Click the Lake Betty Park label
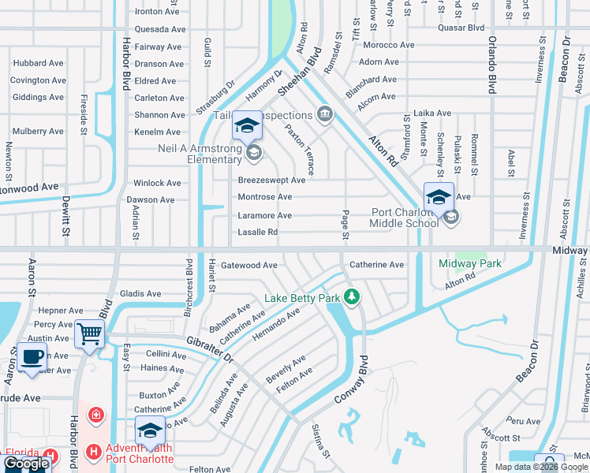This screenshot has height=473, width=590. pyautogui.click(x=304, y=297)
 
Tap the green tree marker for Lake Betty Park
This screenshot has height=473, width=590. pyautogui.click(x=352, y=297)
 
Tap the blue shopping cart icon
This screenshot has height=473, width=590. pyautogui.click(x=89, y=334)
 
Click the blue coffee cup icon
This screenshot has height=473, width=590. pyautogui.click(x=32, y=356)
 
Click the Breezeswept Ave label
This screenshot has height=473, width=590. pyautogui.click(x=271, y=180)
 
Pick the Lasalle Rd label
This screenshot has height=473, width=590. pyautogui.click(x=257, y=233)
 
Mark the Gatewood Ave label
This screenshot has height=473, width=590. pyautogui.click(x=248, y=266)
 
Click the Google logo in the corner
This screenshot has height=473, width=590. pyautogui.click(x=25, y=464)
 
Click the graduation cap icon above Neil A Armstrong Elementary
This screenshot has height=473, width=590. pyautogui.click(x=246, y=125)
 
